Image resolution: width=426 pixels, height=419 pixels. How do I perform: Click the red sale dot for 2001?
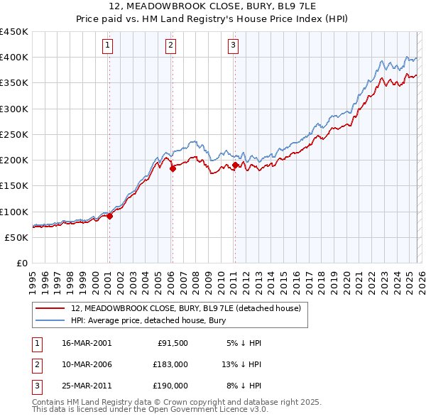109,217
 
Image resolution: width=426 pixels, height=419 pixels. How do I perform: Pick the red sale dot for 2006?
172,169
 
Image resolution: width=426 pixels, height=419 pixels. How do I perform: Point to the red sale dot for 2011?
235,165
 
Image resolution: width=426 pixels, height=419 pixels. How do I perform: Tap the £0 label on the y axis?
22,263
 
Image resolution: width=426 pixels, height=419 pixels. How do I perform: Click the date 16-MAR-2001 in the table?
87,343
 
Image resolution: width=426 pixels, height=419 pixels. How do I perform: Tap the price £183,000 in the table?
170,364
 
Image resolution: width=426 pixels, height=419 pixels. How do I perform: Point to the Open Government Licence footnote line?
150,410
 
